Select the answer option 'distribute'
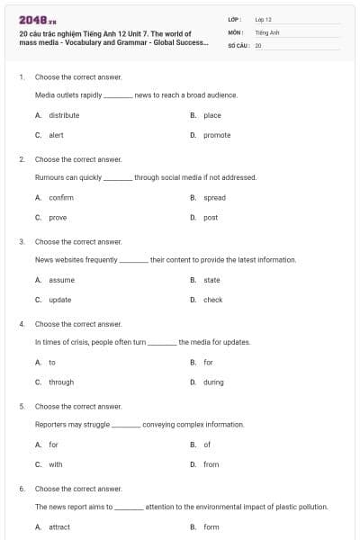(64, 115)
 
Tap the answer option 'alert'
(56, 135)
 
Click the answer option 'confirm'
(61, 197)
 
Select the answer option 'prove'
(58, 217)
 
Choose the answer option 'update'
(59, 300)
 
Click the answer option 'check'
(212, 300)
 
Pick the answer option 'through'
(61, 382)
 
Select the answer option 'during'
(213, 382)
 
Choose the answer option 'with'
(56, 464)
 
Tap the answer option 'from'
(211, 464)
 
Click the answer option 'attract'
(59, 526)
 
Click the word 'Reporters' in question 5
(52, 424)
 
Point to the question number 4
(22, 324)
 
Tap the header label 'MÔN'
(236, 31)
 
